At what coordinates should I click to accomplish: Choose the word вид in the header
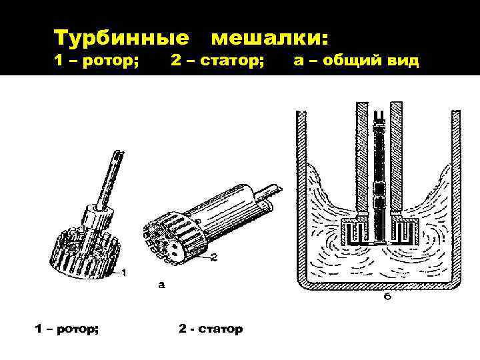[404, 61]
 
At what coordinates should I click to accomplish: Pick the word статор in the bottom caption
[220, 329]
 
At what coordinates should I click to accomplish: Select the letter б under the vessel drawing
[387, 295]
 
